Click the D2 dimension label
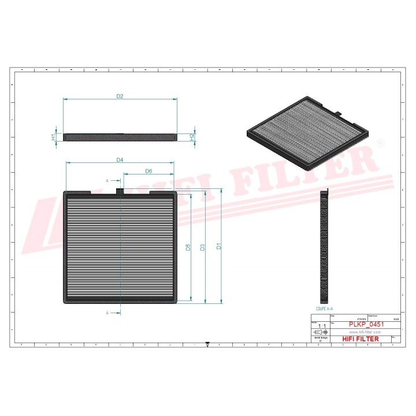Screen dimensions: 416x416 click(120, 96)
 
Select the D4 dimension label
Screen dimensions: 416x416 click(120, 159)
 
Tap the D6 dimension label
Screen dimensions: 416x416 click(148, 172)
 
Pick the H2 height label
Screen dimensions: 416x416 click(192, 137)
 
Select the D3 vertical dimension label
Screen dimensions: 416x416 click(203, 247)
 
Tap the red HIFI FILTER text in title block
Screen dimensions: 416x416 click(358, 339)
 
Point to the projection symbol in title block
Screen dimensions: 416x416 click(320, 333)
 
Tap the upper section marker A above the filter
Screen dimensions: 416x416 click(107, 181)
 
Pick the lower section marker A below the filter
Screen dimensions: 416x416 click(107, 313)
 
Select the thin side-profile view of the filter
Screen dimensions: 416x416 click(120, 138)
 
